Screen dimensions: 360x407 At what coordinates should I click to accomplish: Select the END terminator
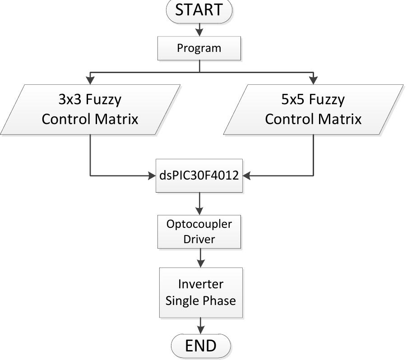tap(201, 346)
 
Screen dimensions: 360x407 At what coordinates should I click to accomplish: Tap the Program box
tap(199, 48)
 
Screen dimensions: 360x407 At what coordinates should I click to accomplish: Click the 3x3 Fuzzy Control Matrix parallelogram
tap(90, 110)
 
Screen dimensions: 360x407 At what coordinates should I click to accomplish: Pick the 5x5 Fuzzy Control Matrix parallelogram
tap(313, 110)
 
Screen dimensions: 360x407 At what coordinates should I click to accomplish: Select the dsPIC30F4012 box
tap(199, 175)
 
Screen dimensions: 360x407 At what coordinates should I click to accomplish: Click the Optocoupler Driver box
tap(199, 231)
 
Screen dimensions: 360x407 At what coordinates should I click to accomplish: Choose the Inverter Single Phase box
tap(200, 292)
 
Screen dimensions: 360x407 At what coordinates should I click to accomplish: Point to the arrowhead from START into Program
tap(199, 32)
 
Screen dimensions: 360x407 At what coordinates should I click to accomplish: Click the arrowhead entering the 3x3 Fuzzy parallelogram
tap(90, 80)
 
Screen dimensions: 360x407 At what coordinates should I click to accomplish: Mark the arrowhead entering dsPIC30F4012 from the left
tap(152, 175)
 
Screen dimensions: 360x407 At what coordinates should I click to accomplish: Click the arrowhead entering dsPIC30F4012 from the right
tap(247, 175)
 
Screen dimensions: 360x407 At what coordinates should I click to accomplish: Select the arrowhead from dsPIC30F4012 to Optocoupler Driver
tap(199, 210)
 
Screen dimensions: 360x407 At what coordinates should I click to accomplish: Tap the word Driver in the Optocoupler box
tap(199, 239)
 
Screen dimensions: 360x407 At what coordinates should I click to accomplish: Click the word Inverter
tap(200, 284)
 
